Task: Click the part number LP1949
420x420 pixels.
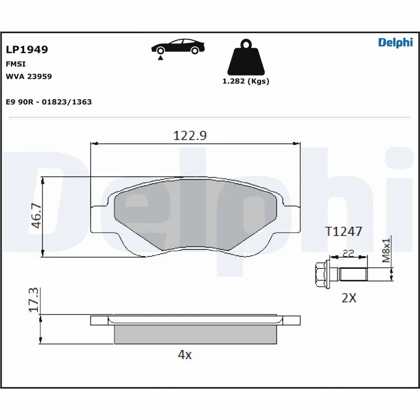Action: click(27, 50)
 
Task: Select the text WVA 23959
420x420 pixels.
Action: click(28, 76)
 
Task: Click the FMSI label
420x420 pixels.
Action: click(16, 64)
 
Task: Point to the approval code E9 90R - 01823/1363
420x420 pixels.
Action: click(49, 102)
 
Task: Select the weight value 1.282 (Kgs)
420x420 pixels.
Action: click(246, 81)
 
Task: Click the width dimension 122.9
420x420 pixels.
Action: click(190, 135)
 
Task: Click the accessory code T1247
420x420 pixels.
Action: click(343, 232)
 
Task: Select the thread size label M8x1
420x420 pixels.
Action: click(386, 250)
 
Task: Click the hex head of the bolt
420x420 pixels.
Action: click(322, 274)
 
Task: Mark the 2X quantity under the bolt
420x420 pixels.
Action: click(349, 298)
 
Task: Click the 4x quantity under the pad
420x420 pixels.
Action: click(185, 355)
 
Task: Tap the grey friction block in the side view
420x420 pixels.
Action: click(195, 334)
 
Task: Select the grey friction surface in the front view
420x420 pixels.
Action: click(195, 215)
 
